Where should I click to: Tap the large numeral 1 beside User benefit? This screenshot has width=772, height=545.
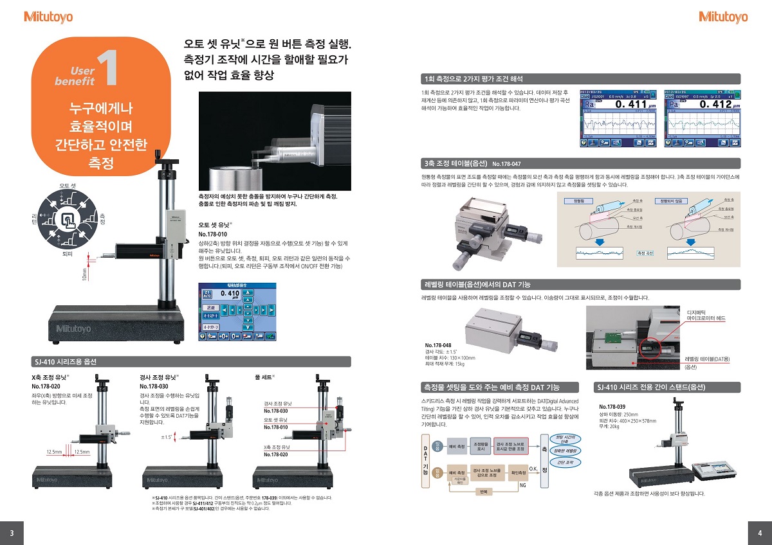[108, 70]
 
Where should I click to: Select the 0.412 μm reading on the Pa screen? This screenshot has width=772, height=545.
[716, 105]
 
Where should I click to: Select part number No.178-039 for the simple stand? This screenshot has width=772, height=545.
[612, 407]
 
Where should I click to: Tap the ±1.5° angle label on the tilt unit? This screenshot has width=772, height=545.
[167, 437]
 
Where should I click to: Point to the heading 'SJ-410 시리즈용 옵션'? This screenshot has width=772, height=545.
[64, 361]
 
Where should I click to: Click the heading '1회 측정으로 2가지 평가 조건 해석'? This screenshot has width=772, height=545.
[472, 79]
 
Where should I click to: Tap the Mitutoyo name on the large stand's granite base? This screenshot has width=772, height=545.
[74, 329]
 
